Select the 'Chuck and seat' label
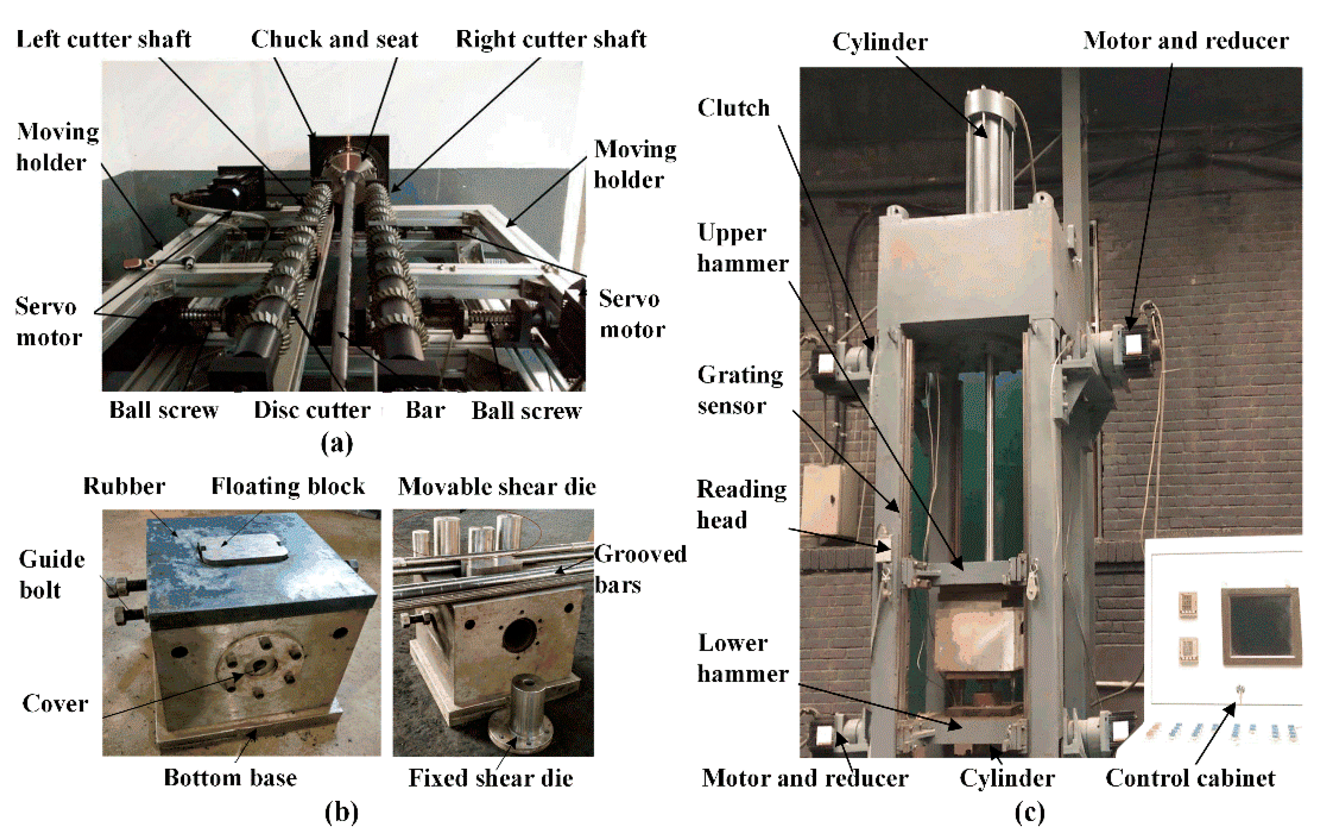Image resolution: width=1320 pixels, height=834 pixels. (334, 39)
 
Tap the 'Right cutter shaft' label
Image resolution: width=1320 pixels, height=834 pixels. (551, 39)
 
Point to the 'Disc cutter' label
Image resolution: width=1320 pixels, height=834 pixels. (312, 410)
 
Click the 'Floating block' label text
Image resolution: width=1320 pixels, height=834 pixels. (288, 486)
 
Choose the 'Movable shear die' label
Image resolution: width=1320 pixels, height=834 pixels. (497, 486)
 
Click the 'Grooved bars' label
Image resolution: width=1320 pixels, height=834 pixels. (640, 569)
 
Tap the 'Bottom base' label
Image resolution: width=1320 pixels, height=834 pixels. (230, 778)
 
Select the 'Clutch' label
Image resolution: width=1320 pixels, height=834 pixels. (733, 108)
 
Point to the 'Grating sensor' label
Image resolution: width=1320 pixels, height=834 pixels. (740, 390)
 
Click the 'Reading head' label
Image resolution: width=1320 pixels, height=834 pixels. (741, 504)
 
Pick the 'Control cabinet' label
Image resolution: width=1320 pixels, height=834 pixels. (1190, 778)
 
